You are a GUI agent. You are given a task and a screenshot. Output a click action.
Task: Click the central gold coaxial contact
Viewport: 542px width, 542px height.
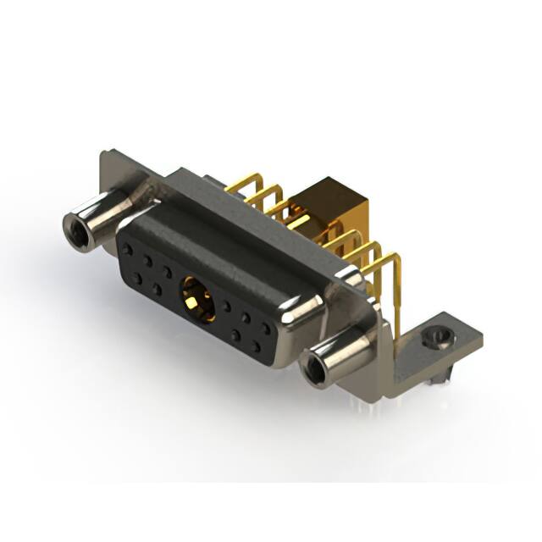point(196,301)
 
